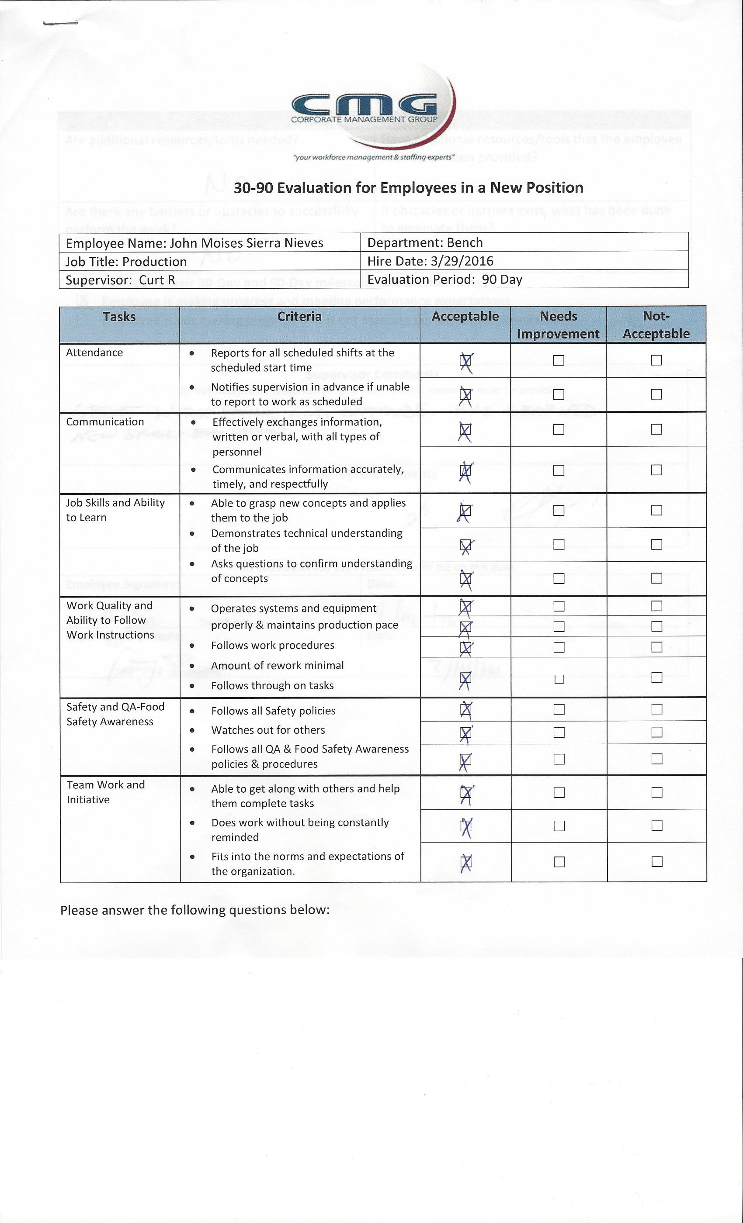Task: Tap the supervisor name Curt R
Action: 157,280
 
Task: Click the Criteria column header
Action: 299,317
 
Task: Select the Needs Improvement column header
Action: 558,325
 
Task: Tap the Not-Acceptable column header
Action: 656,325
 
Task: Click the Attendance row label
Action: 94,352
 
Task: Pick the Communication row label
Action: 105,421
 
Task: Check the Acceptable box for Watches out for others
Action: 465,732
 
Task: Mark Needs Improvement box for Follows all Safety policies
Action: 559,709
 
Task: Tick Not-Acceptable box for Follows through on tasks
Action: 656,677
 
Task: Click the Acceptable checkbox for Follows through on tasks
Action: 465,678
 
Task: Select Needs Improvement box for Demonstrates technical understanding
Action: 559,545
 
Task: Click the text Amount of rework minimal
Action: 277,665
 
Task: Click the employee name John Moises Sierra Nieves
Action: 247,243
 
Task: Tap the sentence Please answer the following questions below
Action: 194,910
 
